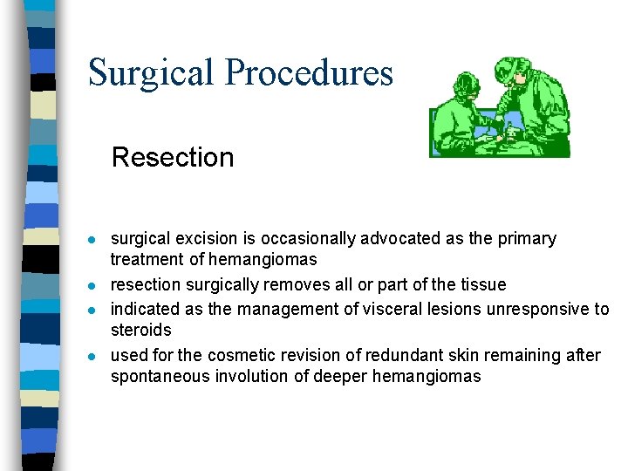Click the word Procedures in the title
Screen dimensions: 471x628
pyautogui.click(x=309, y=72)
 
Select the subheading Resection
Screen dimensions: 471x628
pyautogui.click(x=173, y=158)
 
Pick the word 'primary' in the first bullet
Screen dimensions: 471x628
pyautogui.click(x=528, y=239)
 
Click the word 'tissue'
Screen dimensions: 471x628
pyautogui.click(x=482, y=285)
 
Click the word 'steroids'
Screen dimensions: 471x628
pyautogui.click(x=140, y=330)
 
